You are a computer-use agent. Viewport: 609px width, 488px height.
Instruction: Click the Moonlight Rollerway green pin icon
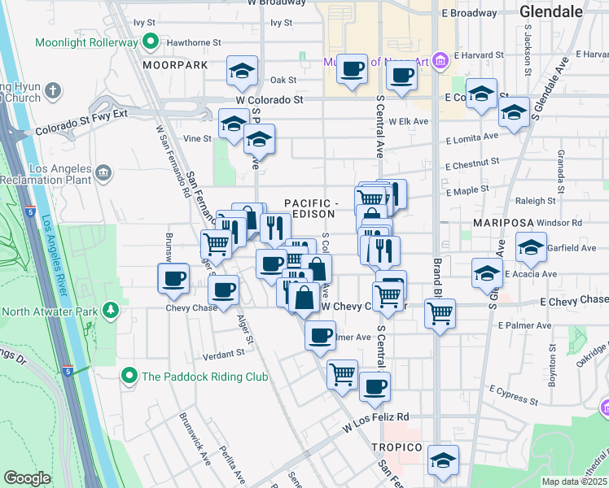coord(150,41)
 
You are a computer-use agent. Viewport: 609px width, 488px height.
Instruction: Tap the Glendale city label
coord(551,11)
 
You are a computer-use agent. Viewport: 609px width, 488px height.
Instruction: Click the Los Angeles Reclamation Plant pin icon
coord(103,172)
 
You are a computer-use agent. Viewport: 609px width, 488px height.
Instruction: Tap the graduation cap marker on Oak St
coord(242,72)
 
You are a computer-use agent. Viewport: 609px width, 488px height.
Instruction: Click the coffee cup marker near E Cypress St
coord(374,387)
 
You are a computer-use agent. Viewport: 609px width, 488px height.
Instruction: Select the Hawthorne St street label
coord(194,41)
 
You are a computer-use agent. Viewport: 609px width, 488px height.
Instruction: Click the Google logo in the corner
coord(28,478)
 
